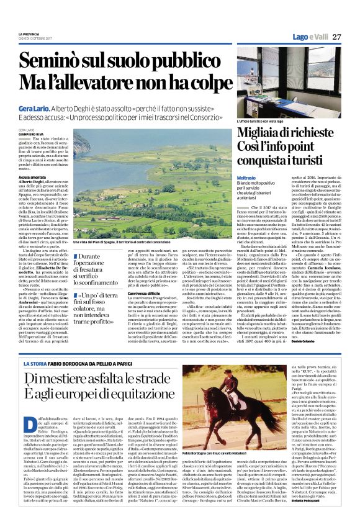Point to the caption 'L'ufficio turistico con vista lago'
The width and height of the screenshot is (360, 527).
click(264, 122)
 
